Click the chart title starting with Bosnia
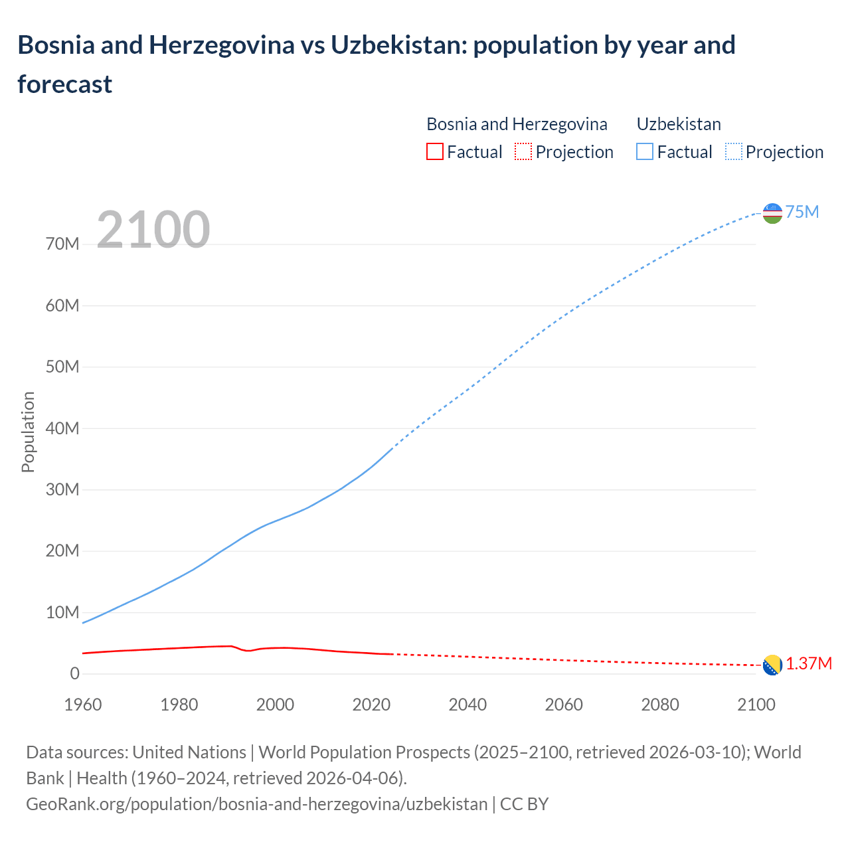(x=376, y=64)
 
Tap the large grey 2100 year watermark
(x=153, y=230)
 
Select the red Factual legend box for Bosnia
(x=434, y=152)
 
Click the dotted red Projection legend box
(x=523, y=152)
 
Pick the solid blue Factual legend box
(x=644, y=152)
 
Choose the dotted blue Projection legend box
(x=733, y=152)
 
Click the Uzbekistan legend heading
(x=678, y=124)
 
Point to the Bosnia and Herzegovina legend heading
(x=517, y=124)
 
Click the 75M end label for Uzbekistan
(x=802, y=212)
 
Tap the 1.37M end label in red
(x=809, y=664)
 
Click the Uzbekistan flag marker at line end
(x=772, y=213)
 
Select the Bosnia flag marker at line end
(x=772, y=665)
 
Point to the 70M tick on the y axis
(x=62, y=244)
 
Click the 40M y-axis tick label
(x=62, y=428)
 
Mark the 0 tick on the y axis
(x=74, y=673)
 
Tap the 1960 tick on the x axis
(x=83, y=705)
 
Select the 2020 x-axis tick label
(x=371, y=705)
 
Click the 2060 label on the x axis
(x=564, y=705)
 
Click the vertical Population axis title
(x=28, y=432)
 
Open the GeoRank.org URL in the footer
(x=256, y=804)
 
